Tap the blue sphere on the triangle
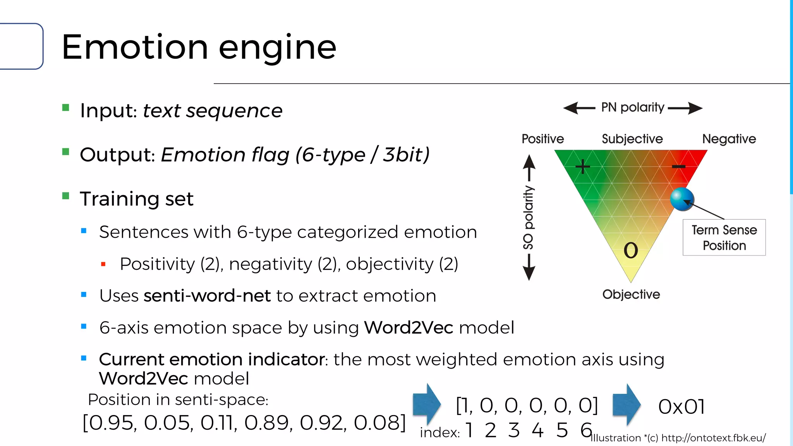pos(682,199)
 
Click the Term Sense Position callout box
pos(724,237)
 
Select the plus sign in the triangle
pos(582,167)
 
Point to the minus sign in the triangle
pos(678,167)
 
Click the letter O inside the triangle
pos(631,250)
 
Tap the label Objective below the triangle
pos(631,294)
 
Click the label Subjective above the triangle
pos(632,139)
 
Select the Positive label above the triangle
pos(542,139)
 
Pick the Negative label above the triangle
pos(729,139)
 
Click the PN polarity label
pos(633,107)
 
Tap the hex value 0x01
pos(681,407)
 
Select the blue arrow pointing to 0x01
pos(627,405)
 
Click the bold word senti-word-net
pos(207,296)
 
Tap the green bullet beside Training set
pos(66,196)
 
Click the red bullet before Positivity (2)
pos(103,264)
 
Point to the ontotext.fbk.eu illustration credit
pos(678,438)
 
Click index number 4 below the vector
pos(537,430)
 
